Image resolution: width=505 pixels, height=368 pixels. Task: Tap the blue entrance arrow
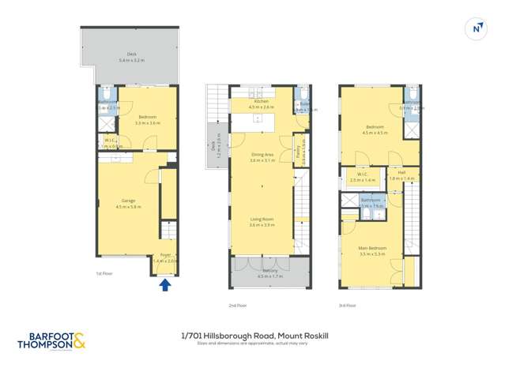(x=165, y=285)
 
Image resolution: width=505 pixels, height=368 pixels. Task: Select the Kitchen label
(x=261, y=102)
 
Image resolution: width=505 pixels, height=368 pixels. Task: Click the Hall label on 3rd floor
(x=401, y=173)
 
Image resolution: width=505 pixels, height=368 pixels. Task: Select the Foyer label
(x=166, y=255)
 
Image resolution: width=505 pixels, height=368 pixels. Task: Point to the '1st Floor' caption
(x=95, y=274)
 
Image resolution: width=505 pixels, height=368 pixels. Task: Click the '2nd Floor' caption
(x=237, y=305)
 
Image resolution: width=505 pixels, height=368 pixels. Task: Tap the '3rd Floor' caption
(x=348, y=305)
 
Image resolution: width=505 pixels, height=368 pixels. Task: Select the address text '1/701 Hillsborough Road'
(x=228, y=336)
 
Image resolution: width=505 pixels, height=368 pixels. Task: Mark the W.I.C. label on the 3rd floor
(x=361, y=175)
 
